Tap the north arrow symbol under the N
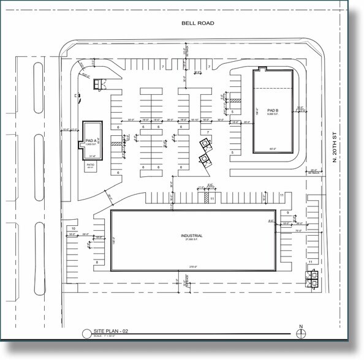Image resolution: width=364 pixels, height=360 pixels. pyautogui.click(x=300, y=333)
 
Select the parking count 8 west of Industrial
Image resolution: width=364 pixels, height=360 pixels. pyautogui.click(x=97, y=262)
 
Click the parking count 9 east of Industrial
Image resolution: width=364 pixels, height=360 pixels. pyautogui.click(x=287, y=212)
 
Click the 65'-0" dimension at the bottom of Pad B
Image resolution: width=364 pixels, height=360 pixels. pyautogui.click(x=273, y=149)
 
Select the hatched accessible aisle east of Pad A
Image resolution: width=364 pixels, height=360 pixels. pyautogui.click(x=113, y=143)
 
